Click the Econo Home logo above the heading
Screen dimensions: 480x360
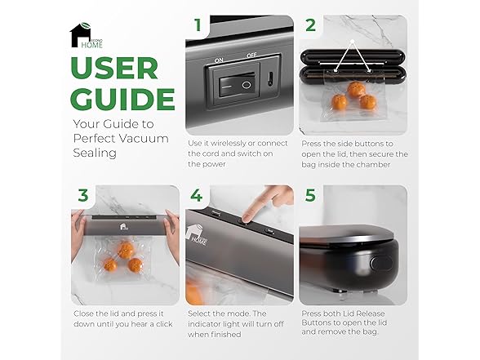(87, 36)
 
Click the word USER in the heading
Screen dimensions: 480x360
(114, 68)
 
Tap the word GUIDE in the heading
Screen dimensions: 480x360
(122, 99)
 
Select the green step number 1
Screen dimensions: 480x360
(198, 24)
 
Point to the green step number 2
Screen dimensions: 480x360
(310, 25)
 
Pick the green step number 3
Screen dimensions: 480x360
(83, 195)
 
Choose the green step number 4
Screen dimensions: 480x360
(196, 195)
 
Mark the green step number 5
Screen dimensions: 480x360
(310, 195)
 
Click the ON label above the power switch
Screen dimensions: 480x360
(219, 60)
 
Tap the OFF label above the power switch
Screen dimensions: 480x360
(251, 56)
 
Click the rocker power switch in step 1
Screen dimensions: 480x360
(237, 85)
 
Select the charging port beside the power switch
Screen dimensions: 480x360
(270, 79)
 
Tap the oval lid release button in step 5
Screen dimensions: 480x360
(381, 263)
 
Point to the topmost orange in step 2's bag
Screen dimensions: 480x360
(356, 89)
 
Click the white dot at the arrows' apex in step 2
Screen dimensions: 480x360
(353, 41)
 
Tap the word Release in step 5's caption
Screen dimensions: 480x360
(370, 313)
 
